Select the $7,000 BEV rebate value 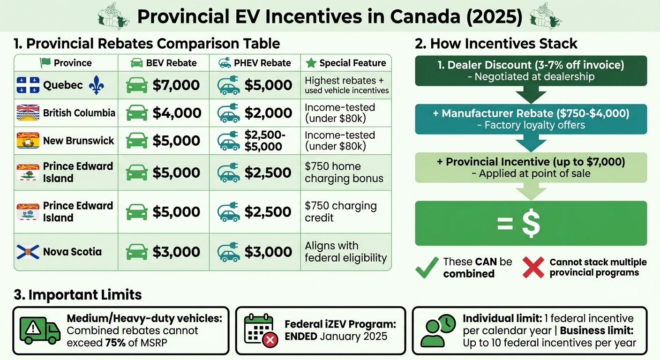176,85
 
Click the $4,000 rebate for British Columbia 176,113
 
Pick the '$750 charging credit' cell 340,211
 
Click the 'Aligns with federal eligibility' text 345,252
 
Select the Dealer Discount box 531,70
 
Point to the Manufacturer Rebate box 531,119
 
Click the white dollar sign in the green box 531,224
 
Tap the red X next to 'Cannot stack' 534,267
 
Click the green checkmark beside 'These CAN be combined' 427,267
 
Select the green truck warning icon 40,330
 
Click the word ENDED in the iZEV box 303,337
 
